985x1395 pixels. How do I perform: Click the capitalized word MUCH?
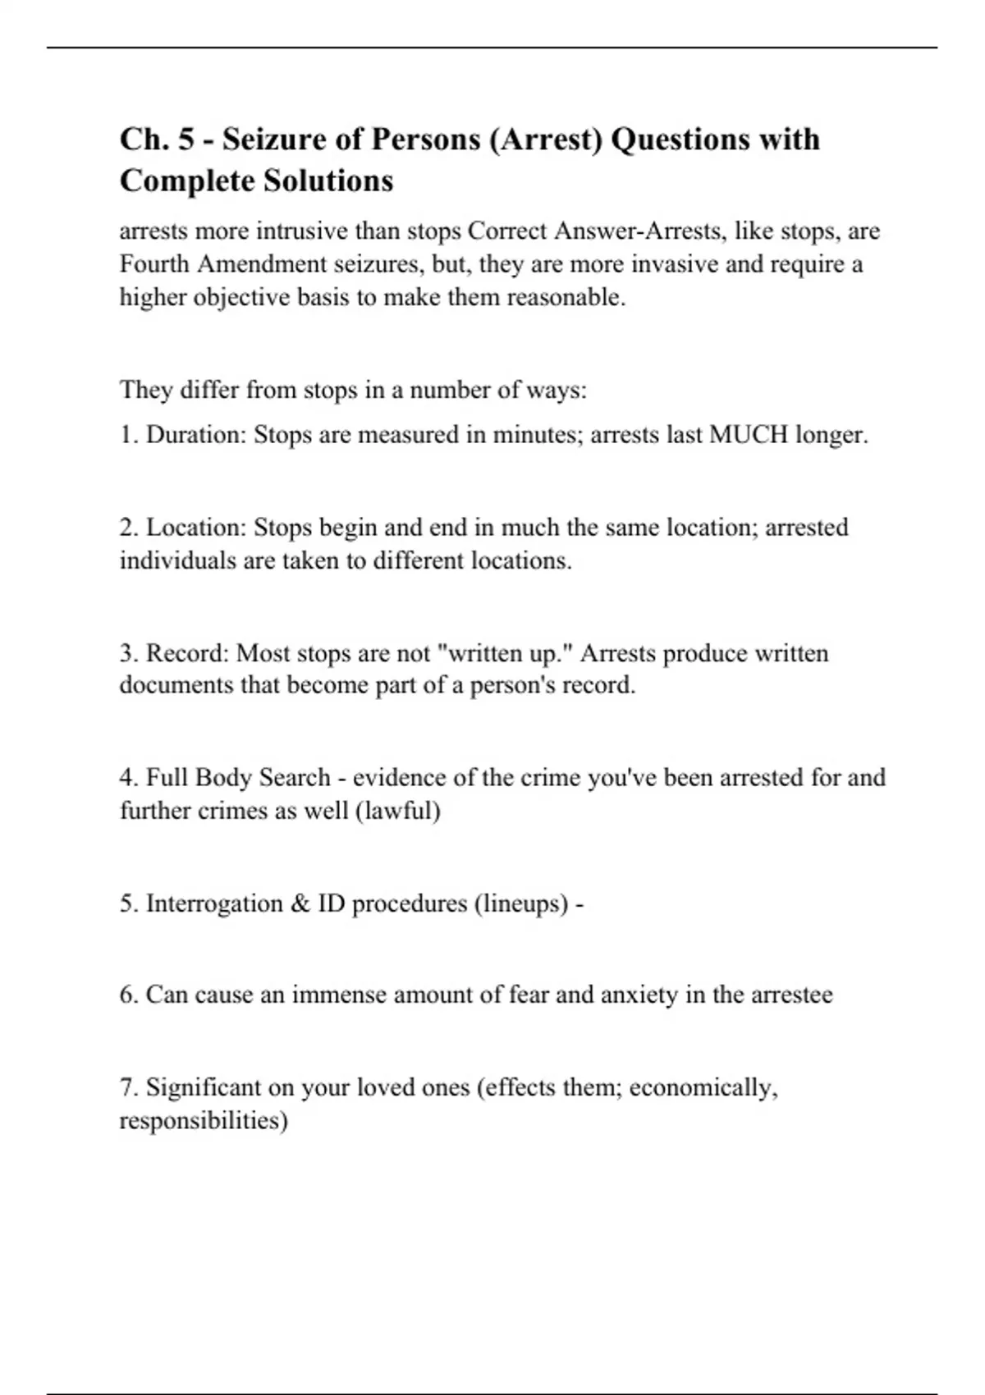(x=748, y=435)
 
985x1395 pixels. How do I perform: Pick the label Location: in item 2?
(x=196, y=528)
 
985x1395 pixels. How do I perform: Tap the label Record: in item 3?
(x=188, y=654)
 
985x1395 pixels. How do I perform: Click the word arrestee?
(x=791, y=995)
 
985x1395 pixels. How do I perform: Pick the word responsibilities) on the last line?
(x=204, y=1121)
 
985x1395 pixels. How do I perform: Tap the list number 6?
(x=129, y=995)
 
